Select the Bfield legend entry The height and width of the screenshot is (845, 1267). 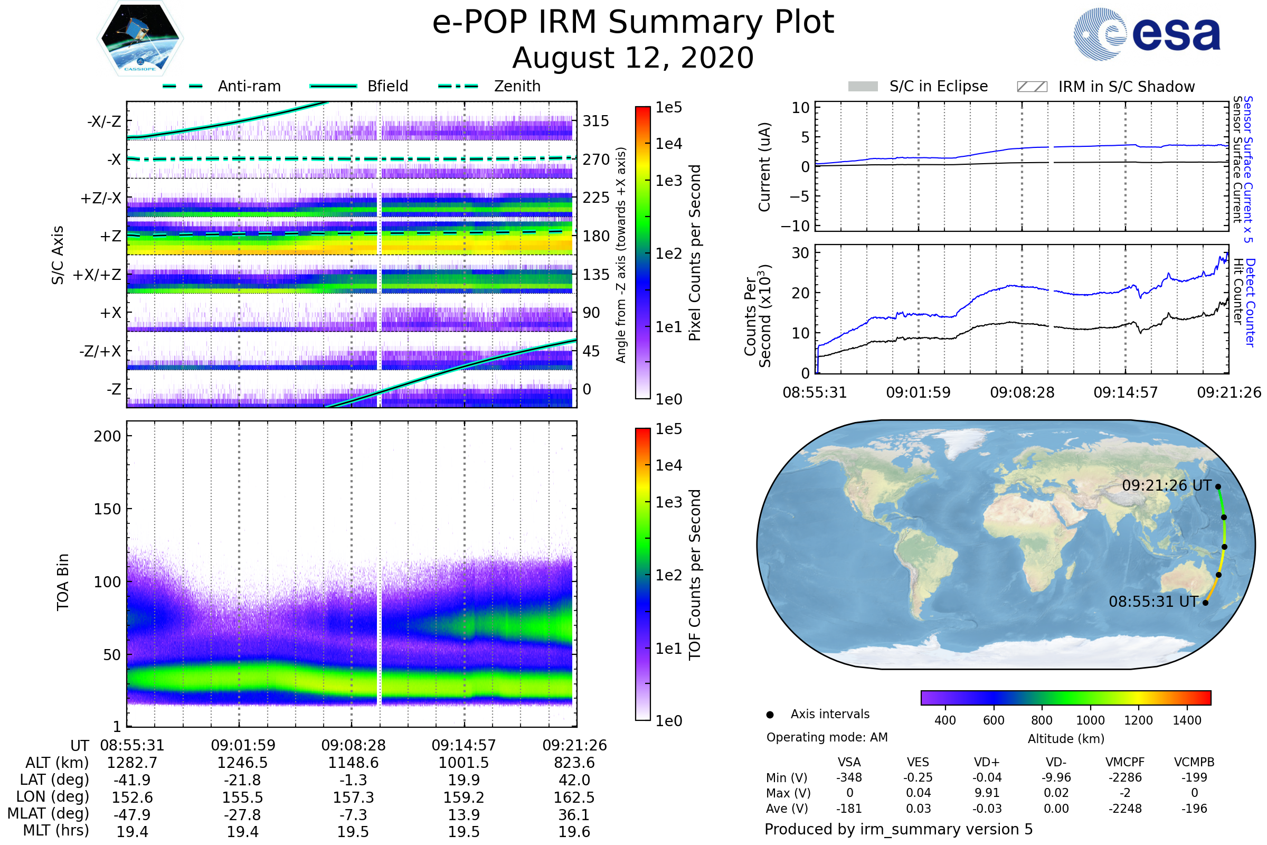[387, 86]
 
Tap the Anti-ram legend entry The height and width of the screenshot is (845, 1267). [249, 86]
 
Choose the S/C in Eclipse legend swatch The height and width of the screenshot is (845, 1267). [863, 87]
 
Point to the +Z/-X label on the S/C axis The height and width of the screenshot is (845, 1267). [101, 199]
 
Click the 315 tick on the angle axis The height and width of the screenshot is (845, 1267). [596, 121]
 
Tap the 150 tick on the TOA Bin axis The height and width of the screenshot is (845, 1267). [107, 509]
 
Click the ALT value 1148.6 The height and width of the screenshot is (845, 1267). [353, 763]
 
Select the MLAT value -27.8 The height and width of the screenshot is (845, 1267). [242, 815]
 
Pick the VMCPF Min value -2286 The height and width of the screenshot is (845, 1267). [1125, 777]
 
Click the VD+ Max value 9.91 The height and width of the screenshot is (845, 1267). [987, 793]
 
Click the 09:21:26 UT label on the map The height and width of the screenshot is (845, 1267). [1166, 485]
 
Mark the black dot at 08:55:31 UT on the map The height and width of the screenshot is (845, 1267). [1206, 603]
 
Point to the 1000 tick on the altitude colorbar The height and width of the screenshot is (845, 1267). [1090, 720]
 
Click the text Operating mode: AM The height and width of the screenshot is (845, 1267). [827, 737]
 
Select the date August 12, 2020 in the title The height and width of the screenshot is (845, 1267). [633, 58]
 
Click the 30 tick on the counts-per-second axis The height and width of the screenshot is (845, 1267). [800, 253]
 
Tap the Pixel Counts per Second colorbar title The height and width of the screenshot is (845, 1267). [695, 253]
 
